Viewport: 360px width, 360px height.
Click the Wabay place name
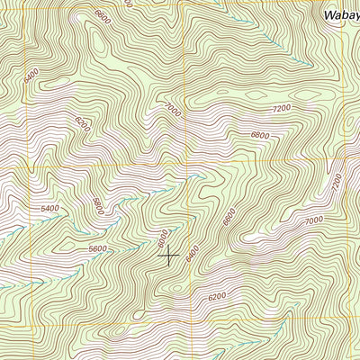(340, 15)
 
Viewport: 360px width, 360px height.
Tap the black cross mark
(168, 255)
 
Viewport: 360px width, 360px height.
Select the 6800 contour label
(260, 135)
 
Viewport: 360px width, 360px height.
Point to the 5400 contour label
(49, 209)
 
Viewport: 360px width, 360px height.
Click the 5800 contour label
(98, 205)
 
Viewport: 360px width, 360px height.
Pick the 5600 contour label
(97, 249)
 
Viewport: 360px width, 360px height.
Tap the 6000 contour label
(162, 238)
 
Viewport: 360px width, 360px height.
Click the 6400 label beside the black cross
(192, 255)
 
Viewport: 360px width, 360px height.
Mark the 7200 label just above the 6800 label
(282, 108)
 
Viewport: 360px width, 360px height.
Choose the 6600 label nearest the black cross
(229, 217)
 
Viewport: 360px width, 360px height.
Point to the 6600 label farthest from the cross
(104, 16)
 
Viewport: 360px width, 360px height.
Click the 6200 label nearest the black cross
(217, 296)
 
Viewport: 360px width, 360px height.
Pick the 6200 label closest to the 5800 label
(83, 121)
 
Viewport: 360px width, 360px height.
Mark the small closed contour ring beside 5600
(67, 243)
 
